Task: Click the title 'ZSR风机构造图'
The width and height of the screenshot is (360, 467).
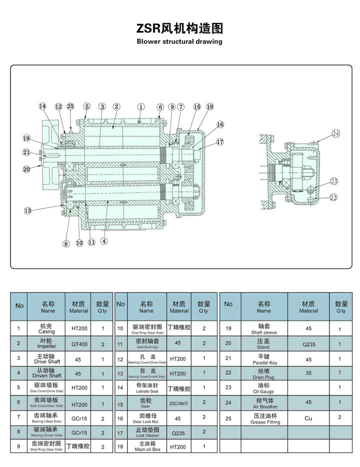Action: coord(179,28)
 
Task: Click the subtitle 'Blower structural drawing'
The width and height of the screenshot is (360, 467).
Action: coord(179,41)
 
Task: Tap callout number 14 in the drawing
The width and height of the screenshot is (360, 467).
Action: coord(42,106)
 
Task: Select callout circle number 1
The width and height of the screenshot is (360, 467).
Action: coord(141,106)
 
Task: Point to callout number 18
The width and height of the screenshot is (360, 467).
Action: coord(209,106)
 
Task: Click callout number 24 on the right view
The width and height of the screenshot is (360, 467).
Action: coord(335,133)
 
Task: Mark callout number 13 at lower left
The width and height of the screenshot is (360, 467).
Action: coord(27,210)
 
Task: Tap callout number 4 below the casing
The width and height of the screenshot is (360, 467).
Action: coord(104,240)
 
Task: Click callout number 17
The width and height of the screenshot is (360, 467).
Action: coord(220,142)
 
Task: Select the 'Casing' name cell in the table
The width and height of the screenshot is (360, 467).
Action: coord(48,328)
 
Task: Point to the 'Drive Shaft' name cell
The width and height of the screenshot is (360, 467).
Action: coord(48,358)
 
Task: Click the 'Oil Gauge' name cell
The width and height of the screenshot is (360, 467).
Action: coord(264,389)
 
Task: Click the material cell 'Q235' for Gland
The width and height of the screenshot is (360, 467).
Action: coord(308,344)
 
